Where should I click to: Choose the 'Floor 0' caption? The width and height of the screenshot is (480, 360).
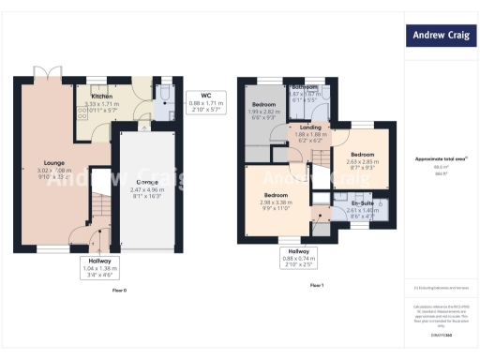(x=119, y=290)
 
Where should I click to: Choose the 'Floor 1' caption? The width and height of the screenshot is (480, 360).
(x=316, y=285)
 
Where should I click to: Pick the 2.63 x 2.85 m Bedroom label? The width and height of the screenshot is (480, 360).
(x=363, y=157)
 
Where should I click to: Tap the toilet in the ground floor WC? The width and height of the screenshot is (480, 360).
(x=164, y=93)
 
